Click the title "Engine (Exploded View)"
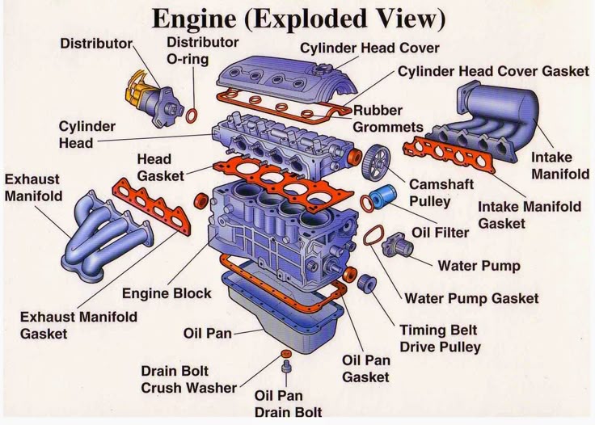click(x=297, y=17)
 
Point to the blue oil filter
click(x=383, y=197)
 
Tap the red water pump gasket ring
click(x=372, y=235)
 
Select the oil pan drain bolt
click(x=285, y=369)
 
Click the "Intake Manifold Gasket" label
click(x=530, y=215)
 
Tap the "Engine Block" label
click(x=167, y=293)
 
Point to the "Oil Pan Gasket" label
click(x=365, y=368)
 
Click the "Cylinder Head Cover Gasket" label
click(x=493, y=71)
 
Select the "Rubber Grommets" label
click(x=388, y=119)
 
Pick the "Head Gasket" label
click(x=160, y=167)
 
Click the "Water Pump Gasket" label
click(x=471, y=298)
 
